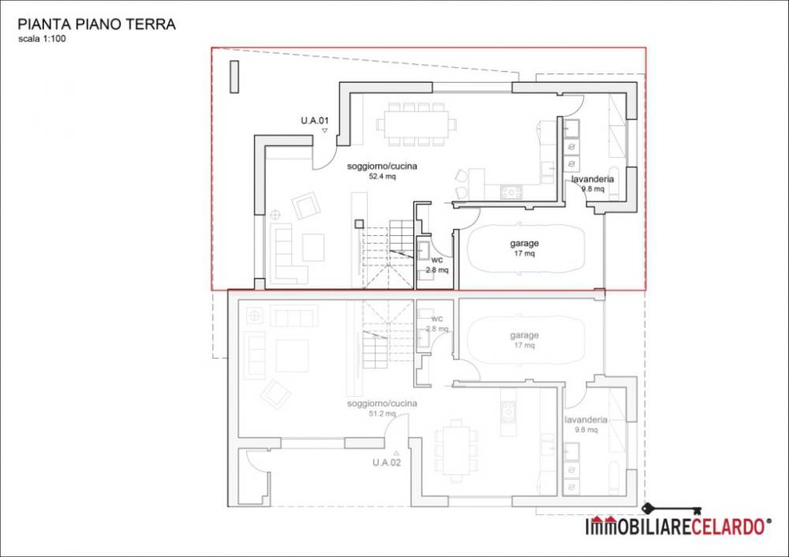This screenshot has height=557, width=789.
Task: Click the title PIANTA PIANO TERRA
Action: point(96,24)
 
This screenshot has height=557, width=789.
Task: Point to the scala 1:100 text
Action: point(42,39)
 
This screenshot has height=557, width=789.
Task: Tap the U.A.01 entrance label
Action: point(315,121)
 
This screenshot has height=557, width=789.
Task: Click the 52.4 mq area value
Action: point(383,177)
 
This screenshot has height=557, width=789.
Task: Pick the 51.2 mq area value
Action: point(383,413)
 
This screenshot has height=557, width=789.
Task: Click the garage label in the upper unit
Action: point(525,244)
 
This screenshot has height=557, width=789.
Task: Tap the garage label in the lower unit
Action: point(525,335)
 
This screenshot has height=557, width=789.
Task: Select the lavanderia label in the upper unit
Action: point(593,179)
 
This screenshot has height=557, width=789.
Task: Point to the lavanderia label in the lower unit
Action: point(586,420)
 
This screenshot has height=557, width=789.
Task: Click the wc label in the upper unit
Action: point(437,260)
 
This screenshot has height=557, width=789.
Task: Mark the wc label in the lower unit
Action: point(437,319)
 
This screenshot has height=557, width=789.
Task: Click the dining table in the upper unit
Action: point(417,125)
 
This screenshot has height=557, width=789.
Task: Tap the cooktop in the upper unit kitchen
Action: point(511,193)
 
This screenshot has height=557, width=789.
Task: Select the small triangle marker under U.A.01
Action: point(324,131)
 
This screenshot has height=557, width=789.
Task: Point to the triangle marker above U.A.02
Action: point(397,453)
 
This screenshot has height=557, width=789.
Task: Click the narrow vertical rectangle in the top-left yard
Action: point(234,77)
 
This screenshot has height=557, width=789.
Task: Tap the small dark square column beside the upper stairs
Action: point(359,224)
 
